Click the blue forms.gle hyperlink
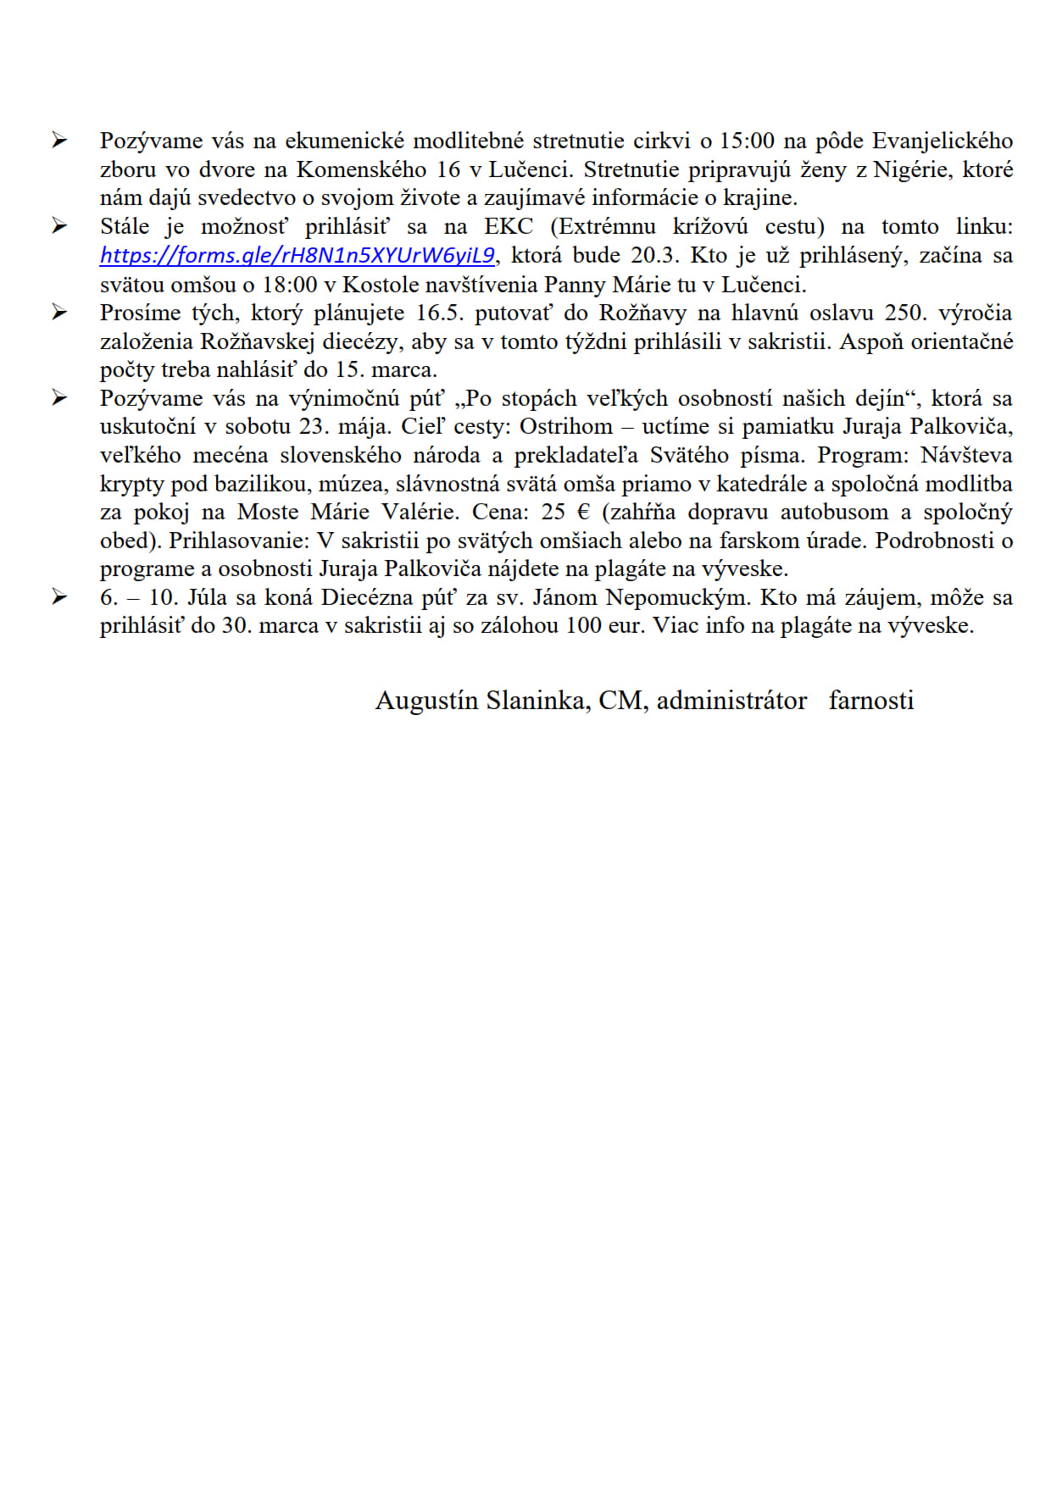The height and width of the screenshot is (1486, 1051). pyautogui.click(x=297, y=255)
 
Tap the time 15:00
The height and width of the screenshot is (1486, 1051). pyautogui.click(x=747, y=141)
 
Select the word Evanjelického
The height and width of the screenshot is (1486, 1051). pyautogui.click(x=943, y=141)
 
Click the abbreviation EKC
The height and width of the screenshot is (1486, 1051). pyautogui.click(x=509, y=226)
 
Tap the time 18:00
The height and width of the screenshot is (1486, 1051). pyautogui.click(x=290, y=284)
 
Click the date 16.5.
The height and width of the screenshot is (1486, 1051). pyautogui.click(x=440, y=313)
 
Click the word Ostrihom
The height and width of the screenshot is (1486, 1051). pyautogui.click(x=565, y=426)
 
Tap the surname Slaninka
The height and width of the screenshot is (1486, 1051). pyautogui.click(x=537, y=701)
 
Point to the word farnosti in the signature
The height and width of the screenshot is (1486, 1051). pyautogui.click(x=871, y=701)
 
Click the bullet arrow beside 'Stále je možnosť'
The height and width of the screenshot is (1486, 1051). pyautogui.click(x=59, y=225)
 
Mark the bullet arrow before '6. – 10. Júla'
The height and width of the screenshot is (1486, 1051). pyautogui.click(x=59, y=596)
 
